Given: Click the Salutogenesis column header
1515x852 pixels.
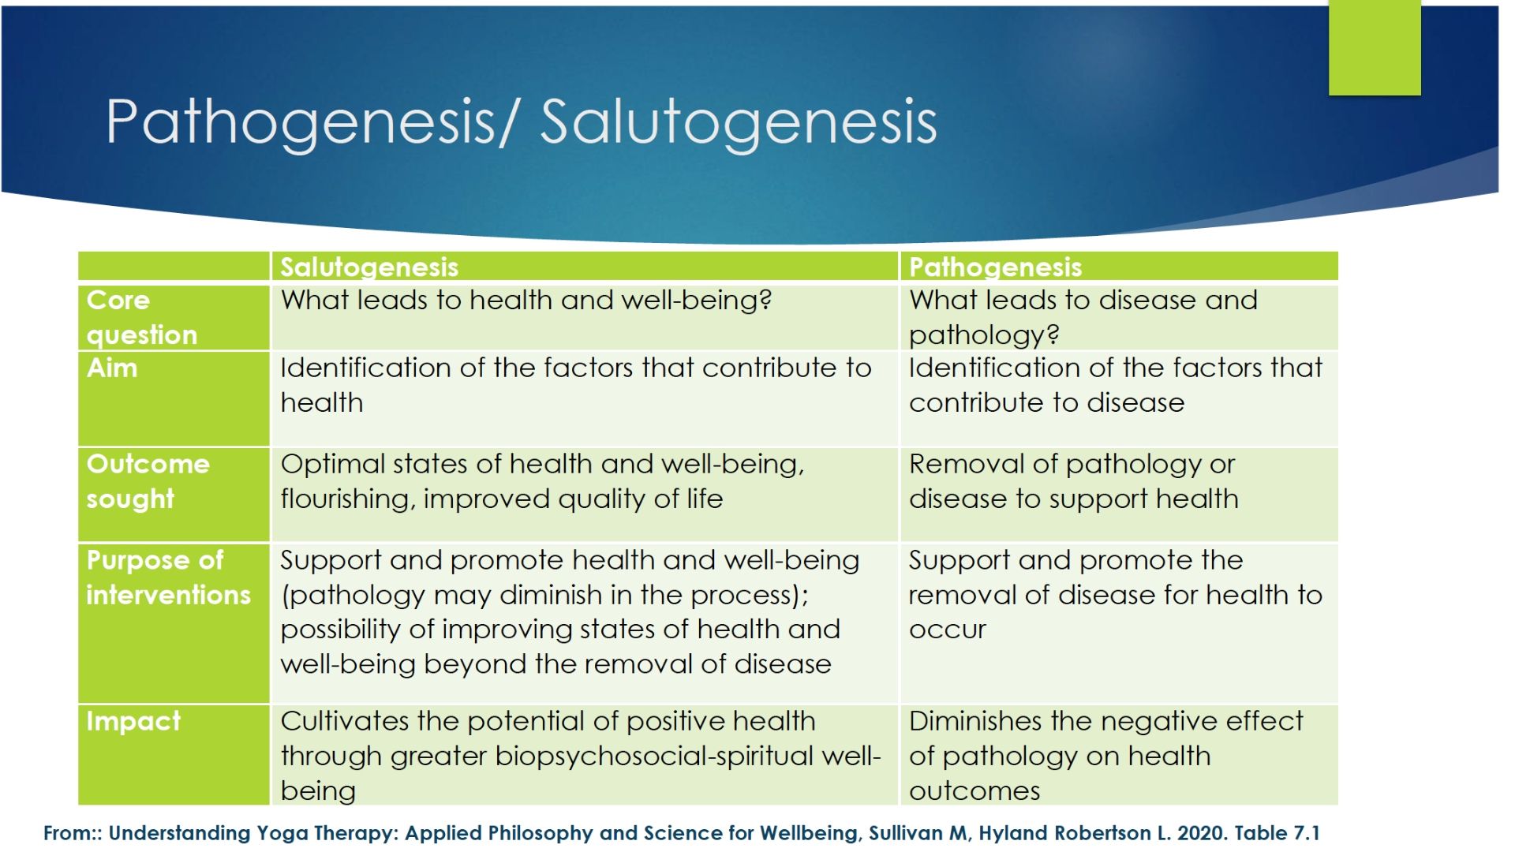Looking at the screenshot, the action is pyautogui.click(x=369, y=267).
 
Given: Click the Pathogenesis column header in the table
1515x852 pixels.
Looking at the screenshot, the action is pyautogui.click(x=995, y=267).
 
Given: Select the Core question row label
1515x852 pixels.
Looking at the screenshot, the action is pyautogui.click(x=142, y=317).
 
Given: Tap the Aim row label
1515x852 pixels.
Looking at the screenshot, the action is pyautogui.click(x=112, y=368).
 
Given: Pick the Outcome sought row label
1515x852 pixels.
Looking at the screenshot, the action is pyautogui.click(x=148, y=481).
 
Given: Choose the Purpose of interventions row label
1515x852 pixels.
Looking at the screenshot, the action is pyautogui.click(x=168, y=577).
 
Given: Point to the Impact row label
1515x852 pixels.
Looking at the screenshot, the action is pyautogui.click(x=133, y=721).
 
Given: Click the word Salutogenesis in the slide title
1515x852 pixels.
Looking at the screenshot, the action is pyautogui.click(x=739, y=122).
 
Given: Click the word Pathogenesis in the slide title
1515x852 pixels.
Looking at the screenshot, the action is pyautogui.click(x=301, y=122).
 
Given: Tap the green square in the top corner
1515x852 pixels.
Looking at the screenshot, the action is pyautogui.click(x=1375, y=47).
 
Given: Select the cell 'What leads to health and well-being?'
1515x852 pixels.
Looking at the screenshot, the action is pyautogui.click(x=526, y=300).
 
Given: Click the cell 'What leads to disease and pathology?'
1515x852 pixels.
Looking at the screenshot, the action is pyautogui.click(x=1083, y=317).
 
